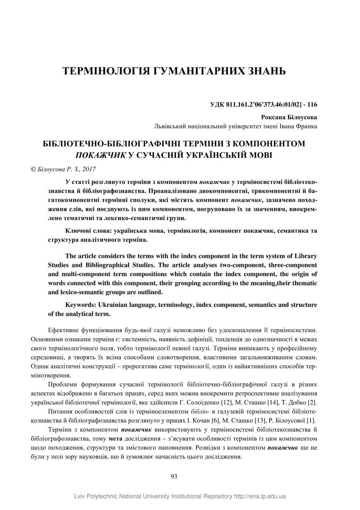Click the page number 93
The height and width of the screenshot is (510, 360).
pos(173,476)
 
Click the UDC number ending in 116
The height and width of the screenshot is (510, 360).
pos(263,104)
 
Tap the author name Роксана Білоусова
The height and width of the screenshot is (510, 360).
pos(289,117)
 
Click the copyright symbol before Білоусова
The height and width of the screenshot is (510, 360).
pos(34,169)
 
